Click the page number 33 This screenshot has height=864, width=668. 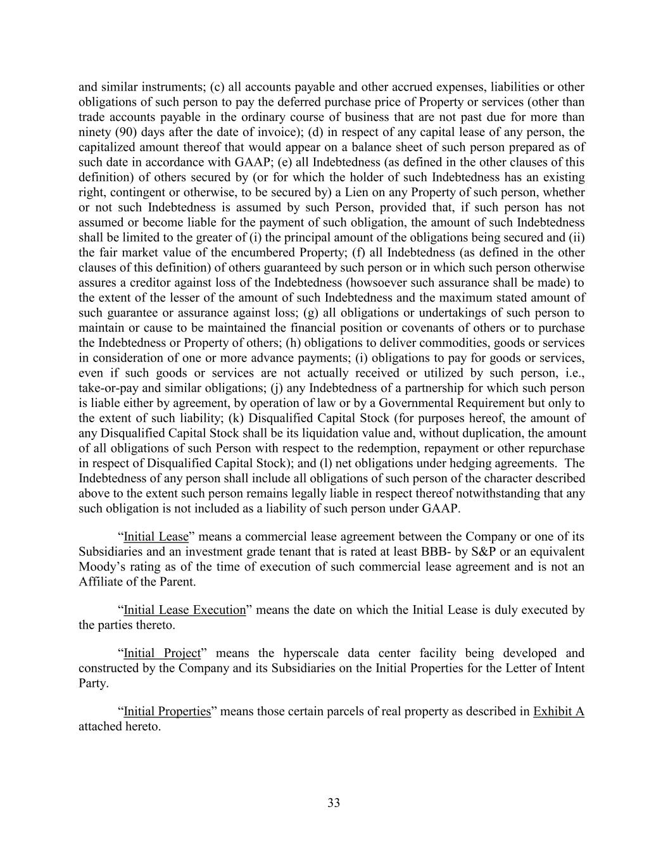(334, 803)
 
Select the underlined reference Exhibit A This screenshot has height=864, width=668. (558, 711)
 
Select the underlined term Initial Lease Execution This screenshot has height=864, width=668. (184, 610)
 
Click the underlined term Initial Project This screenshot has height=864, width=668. (161, 653)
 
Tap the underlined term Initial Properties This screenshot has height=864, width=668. (167, 711)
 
